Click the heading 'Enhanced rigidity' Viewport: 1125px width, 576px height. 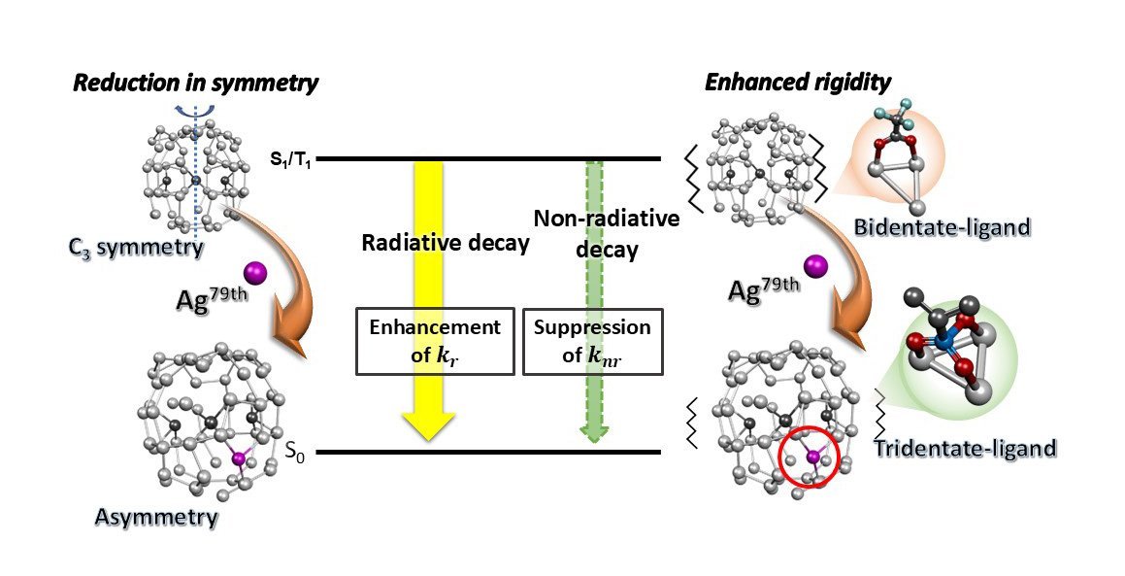click(x=798, y=83)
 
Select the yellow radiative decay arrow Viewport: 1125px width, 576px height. click(x=428, y=291)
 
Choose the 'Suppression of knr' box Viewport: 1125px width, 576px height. click(x=592, y=341)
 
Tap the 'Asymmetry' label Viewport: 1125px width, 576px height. click(x=155, y=516)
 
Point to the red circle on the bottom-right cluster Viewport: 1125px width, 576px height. click(x=811, y=461)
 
